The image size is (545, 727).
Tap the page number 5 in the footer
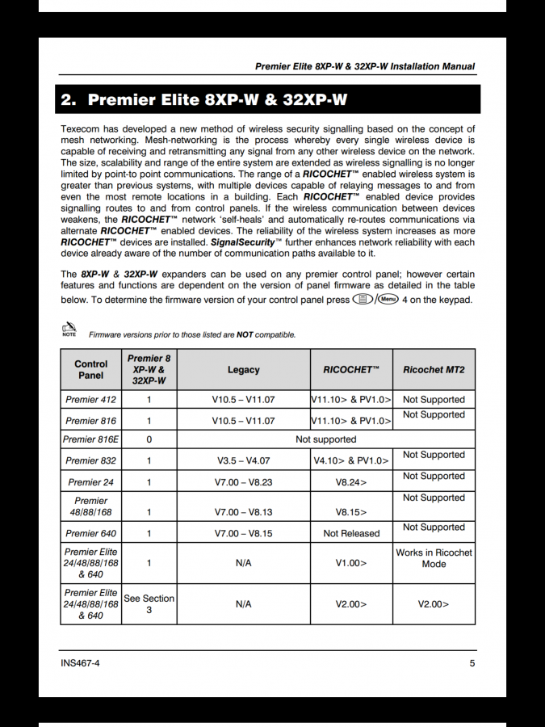pyautogui.click(x=472, y=663)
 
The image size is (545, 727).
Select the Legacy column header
pyautogui.click(x=243, y=370)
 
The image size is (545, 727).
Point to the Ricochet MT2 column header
pyautogui.click(x=434, y=370)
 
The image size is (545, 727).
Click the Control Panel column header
pyautogui.click(x=90, y=370)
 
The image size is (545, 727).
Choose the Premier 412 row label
pyautogui.click(x=90, y=399)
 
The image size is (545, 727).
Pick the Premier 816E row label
pyautogui.click(x=90, y=439)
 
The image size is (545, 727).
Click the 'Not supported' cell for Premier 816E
pyautogui.click(x=325, y=439)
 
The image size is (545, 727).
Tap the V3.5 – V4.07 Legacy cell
pyautogui.click(x=243, y=460)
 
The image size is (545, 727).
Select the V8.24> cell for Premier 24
pyautogui.click(x=351, y=482)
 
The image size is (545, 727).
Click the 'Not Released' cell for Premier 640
pyautogui.click(x=351, y=533)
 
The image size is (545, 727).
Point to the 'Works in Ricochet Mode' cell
pyautogui.click(x=434, y=558)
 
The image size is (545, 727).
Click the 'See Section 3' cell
pyautogui.click(x=149, y=604)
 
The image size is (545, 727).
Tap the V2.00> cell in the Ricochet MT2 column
pyautogui.click(x=434, y=604)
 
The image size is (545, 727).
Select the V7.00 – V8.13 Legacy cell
pyautogui.click(x=243, y=512)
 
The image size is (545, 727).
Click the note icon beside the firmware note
pyautogui.click(x=69, y=329)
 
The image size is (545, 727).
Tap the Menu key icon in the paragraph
pyautogui.click(x=388, y=299)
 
